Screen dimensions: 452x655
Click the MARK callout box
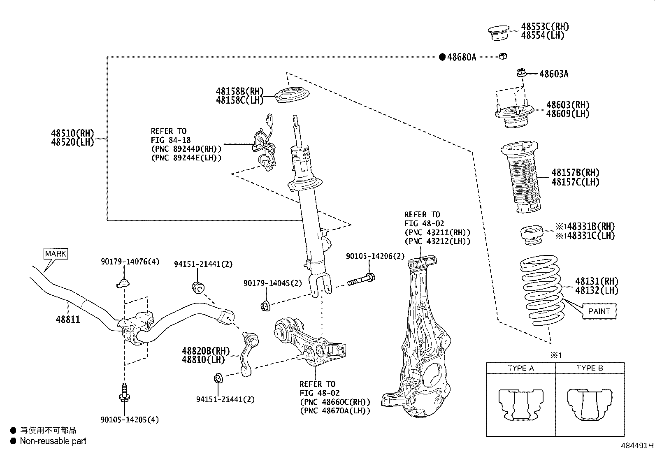pos(56,254)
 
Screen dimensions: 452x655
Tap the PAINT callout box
pos(599,311)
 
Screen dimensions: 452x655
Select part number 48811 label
pos(68,320)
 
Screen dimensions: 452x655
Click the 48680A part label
pos(461,57)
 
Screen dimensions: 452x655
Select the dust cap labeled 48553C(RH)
pos(499,32)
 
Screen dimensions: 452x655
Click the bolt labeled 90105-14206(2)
pos(361,281)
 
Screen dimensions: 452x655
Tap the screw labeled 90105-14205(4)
pos(123,393)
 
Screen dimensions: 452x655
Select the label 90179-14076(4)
pos(130,262)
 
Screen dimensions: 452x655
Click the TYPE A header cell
pos(520,368)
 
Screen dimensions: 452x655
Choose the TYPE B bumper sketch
pos(590,405)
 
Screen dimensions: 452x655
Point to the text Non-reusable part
pos(53,441)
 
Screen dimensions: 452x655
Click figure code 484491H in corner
pos(637,446)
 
